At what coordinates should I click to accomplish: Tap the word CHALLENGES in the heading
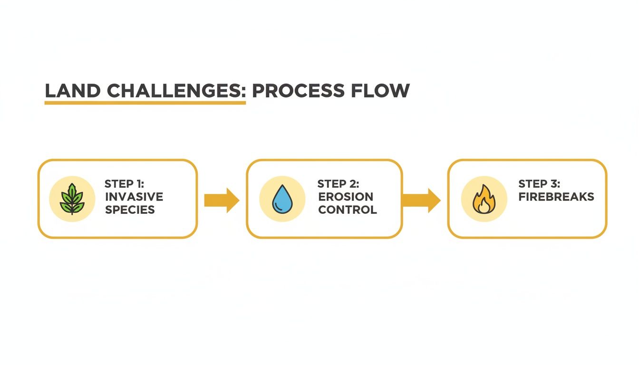click(x=174, y=91)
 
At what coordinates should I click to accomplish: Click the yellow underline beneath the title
click(x=145, y=102)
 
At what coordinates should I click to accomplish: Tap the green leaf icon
click(x=72, y=199)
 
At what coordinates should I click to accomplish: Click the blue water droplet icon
click(x=282, y=199)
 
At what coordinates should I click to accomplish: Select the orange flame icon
click(x=484, y=199)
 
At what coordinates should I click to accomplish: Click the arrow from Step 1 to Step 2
click(x=222, y=200)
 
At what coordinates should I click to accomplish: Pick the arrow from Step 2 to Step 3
click(x=421, y=200)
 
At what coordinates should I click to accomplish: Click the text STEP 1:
click(x=124, y=184)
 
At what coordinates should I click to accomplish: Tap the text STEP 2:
click(x=338, y=184)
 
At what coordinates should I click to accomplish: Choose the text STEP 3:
click(x=539, y=184)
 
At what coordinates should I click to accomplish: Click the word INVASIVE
click(x=134, y=197)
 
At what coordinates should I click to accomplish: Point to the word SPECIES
click(x=130, y=210)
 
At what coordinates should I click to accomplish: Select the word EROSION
click(x=346, y=197)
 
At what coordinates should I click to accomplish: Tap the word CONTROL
click(x=348, y=210)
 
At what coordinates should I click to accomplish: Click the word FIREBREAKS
click(x=556, y=197)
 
